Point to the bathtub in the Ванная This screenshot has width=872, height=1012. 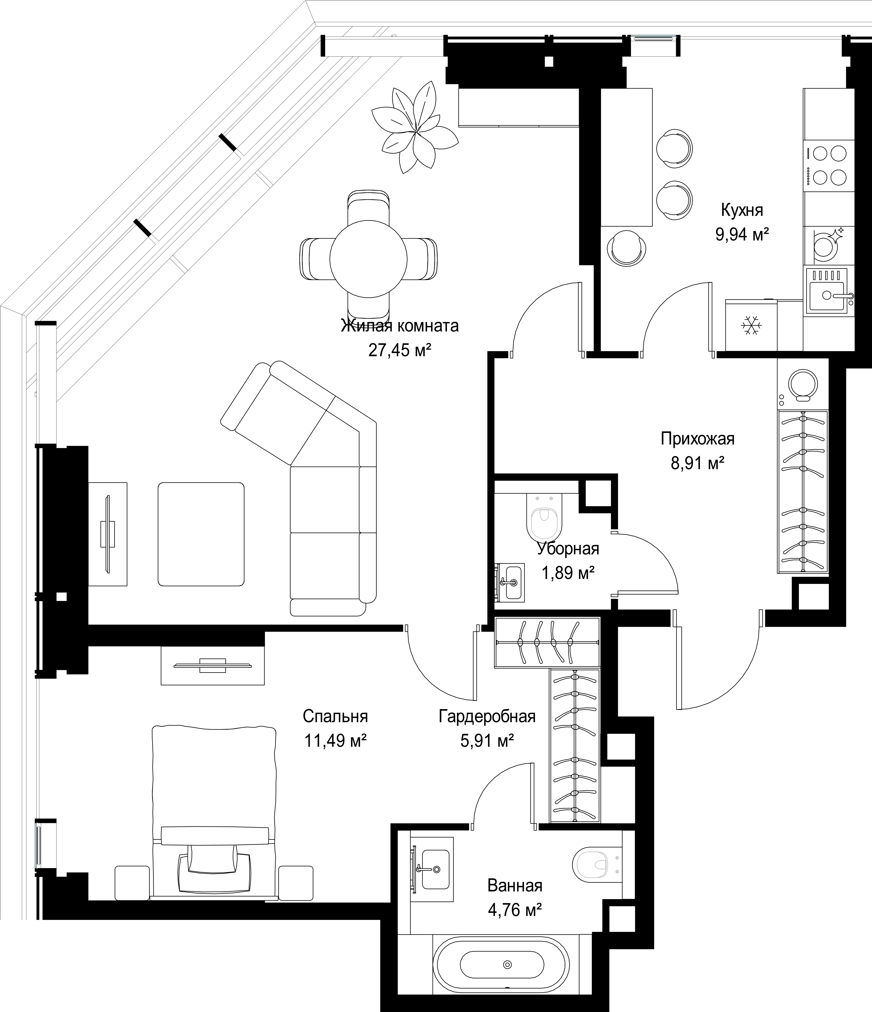click(x=500, y=965)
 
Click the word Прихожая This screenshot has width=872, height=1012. click(x=697, y=439)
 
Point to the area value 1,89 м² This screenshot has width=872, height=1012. click(x=568, y=572)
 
